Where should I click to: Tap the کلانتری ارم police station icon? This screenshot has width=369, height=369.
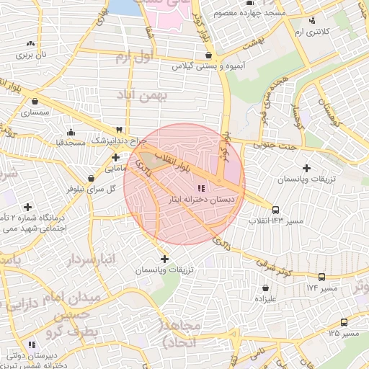[x=311, y=21]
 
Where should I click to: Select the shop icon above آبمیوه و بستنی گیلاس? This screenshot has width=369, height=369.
[x=208, y=55]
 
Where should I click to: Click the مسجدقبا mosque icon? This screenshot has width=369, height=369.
[x=71, y=132]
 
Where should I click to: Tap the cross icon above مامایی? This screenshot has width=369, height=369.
[x=115, y=156]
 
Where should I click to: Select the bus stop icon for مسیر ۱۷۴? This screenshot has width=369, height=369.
[x=321, y=277]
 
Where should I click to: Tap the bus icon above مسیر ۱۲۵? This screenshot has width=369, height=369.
[x=343, y=323]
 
